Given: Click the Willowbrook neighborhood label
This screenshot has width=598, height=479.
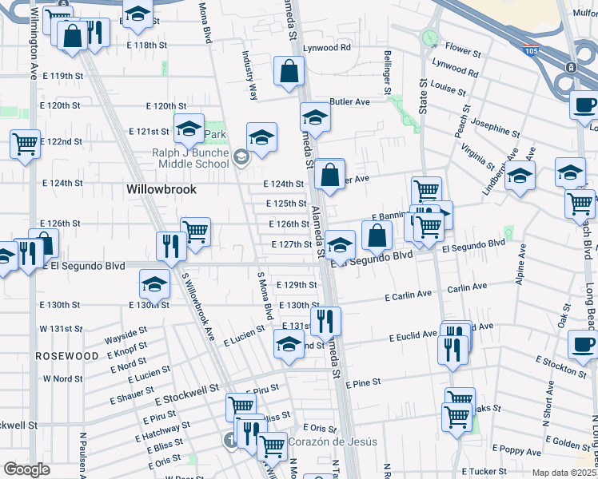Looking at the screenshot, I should (161, 190).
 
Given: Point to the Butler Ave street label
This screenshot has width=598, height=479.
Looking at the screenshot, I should (350, 102).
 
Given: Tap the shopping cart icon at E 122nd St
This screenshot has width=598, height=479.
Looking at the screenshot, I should (25, 144).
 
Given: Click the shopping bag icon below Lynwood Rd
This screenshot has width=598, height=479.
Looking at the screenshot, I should (288, 72).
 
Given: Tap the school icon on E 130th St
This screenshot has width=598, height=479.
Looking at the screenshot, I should (154, 283).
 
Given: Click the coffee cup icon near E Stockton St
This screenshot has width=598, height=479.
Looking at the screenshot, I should (582, 344).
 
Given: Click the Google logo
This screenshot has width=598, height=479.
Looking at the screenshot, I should (26, 469).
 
